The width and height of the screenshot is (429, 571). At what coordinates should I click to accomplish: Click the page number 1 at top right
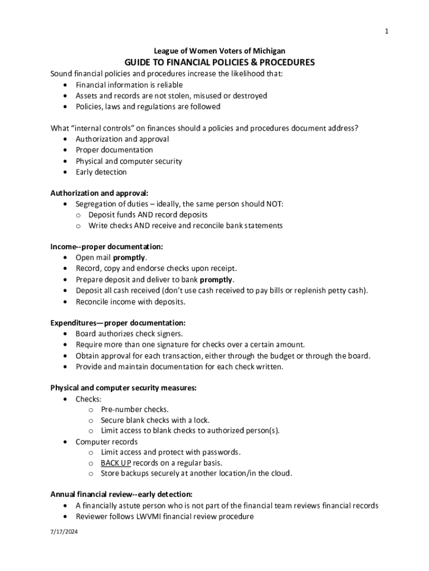click(x=386, y=31)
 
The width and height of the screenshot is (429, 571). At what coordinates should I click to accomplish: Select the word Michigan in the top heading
click(x=269, y=51)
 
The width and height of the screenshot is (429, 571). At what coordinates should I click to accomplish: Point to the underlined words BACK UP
click(x=116, y=463)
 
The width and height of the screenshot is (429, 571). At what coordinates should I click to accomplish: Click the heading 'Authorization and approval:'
click(x=99, y=193)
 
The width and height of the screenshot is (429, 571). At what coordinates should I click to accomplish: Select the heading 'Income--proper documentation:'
click(x=106, y=246)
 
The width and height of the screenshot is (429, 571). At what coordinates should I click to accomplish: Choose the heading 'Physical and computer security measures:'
click(x=123, y=388)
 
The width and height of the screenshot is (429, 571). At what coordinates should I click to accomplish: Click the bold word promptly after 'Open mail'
click(x=129, y=258)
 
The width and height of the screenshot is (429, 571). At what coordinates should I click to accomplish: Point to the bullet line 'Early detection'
click(x=101, y=172)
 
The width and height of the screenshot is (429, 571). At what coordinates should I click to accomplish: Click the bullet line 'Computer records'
click(x=106, y=442)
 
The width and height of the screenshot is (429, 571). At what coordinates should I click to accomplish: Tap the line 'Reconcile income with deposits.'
click(x=130, y=302)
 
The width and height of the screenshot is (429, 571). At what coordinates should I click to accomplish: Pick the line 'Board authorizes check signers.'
click(x=129, y=334)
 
